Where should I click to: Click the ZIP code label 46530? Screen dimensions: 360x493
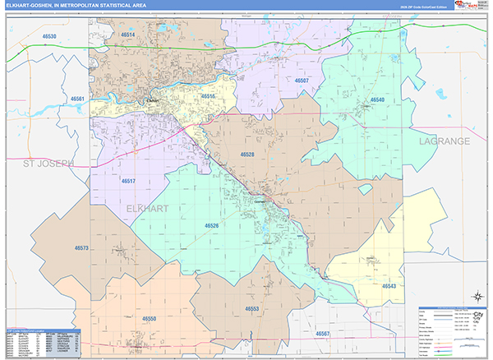pyautogui.click(x=49, y=37)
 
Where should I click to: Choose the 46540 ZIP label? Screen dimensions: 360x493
pyautogui.click(x=376, y=99)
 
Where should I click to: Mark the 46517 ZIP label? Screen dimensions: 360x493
pyautogui.click(x=127, y=181)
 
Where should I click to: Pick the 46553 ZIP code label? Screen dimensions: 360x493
pyautogui.click(x=252, y=309)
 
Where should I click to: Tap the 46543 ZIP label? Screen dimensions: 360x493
pyautogui.click(x=389, y=286)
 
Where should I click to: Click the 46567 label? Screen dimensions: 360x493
pyautogui.click(x=324, y=333)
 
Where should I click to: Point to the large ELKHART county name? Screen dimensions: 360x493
pyautogui.click(x=148, y=209)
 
